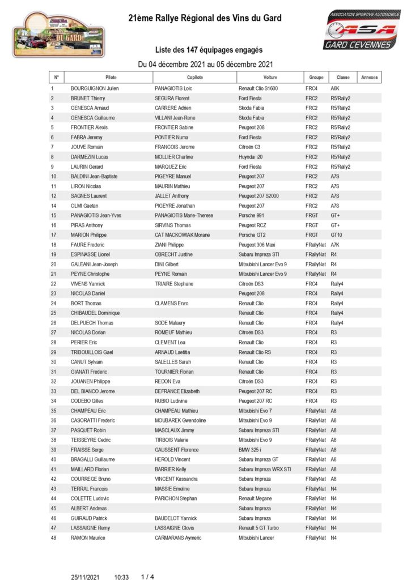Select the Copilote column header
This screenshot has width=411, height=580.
point(194,77)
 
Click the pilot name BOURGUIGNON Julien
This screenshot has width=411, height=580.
point(95,89)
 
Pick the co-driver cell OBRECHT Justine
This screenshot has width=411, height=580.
point(175,254)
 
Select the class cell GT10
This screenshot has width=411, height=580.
point(337,235)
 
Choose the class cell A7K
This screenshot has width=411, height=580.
point(335,245)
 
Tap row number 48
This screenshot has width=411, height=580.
point(53,538)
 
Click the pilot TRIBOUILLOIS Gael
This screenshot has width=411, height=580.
point(94,352)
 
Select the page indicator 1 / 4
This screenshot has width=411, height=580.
point(147,577)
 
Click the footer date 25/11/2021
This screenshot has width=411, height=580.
point(85,577)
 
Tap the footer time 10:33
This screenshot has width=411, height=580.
point(121,577)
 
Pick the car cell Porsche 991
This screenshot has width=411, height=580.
point(253,215)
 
